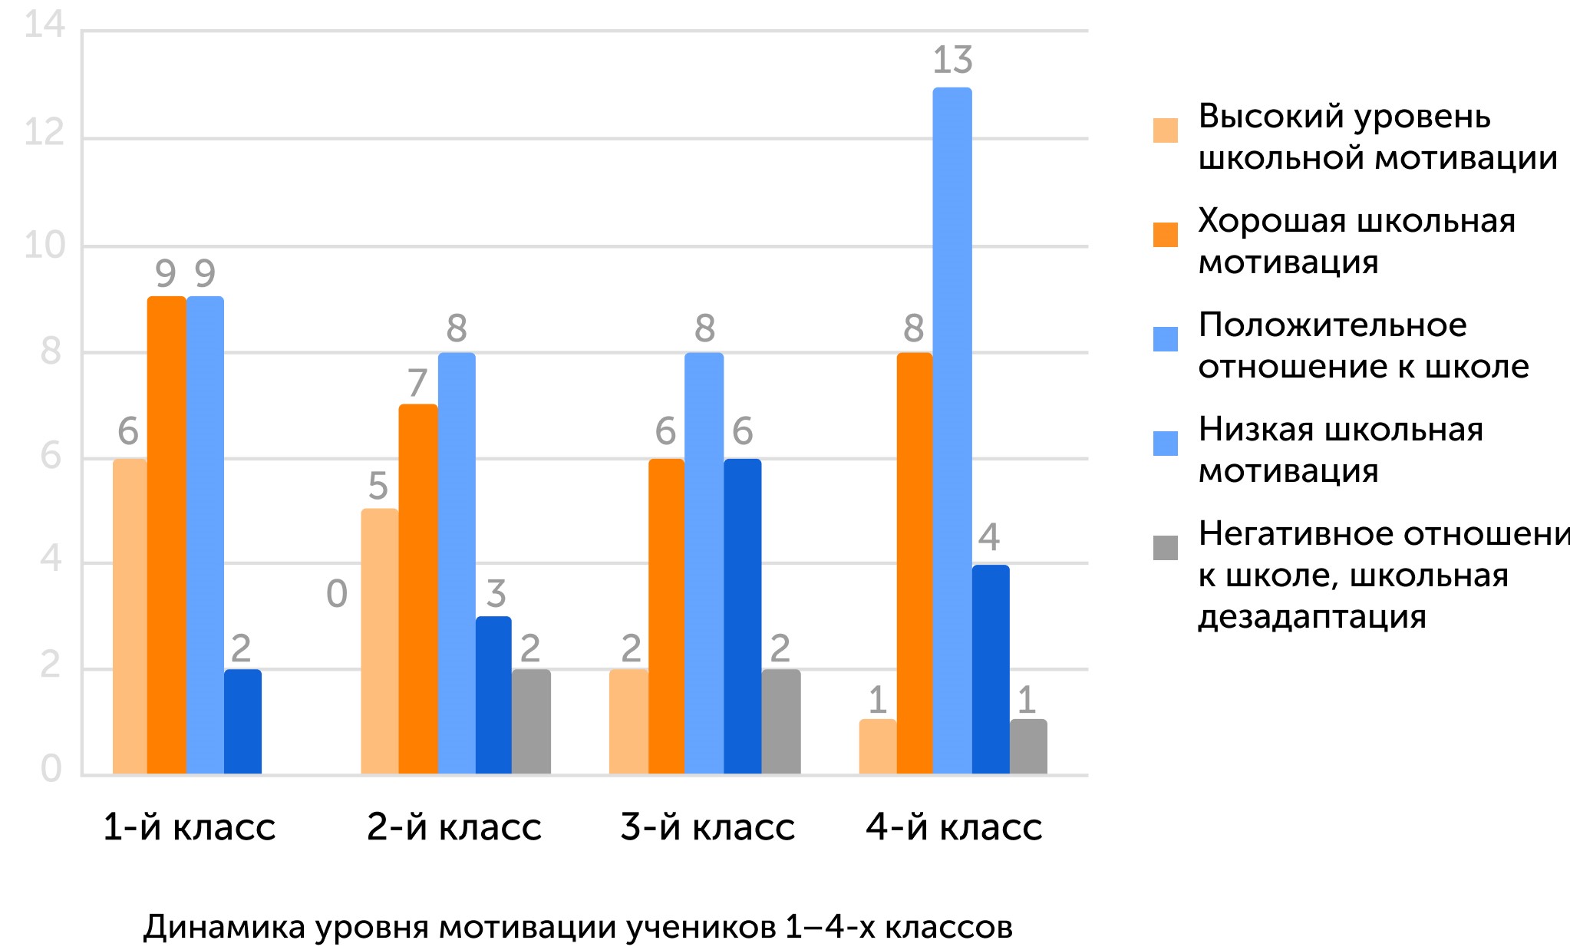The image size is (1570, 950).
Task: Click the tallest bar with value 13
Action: coord(952,430)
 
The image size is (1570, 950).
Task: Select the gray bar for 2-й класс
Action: coord(531,721)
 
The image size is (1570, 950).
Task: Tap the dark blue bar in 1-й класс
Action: coord(242,721)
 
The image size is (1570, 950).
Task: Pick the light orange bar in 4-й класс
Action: coord(877,747)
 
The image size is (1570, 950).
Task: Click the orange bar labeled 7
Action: coord(417,589)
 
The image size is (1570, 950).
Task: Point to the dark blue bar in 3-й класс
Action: coord(742,616)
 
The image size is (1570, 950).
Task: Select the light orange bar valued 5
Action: coord(379,641)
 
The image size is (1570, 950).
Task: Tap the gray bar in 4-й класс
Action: coord(1027,747)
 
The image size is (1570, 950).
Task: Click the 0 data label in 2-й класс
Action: coord(337,594)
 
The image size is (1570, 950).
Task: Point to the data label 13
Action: coord(952,60)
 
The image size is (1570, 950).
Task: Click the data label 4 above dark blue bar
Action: coord(989,537)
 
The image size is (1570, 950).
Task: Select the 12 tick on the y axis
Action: coord(45,133)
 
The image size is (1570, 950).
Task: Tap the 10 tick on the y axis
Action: coord(45,246)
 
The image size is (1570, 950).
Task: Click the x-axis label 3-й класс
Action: coord(707,827)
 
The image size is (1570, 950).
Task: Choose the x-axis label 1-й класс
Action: coord(189,827)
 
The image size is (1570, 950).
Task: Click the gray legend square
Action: coord(1165,548)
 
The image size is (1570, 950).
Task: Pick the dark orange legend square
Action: coord(1165,235)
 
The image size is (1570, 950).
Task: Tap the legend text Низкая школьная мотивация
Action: coord(1340,450)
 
